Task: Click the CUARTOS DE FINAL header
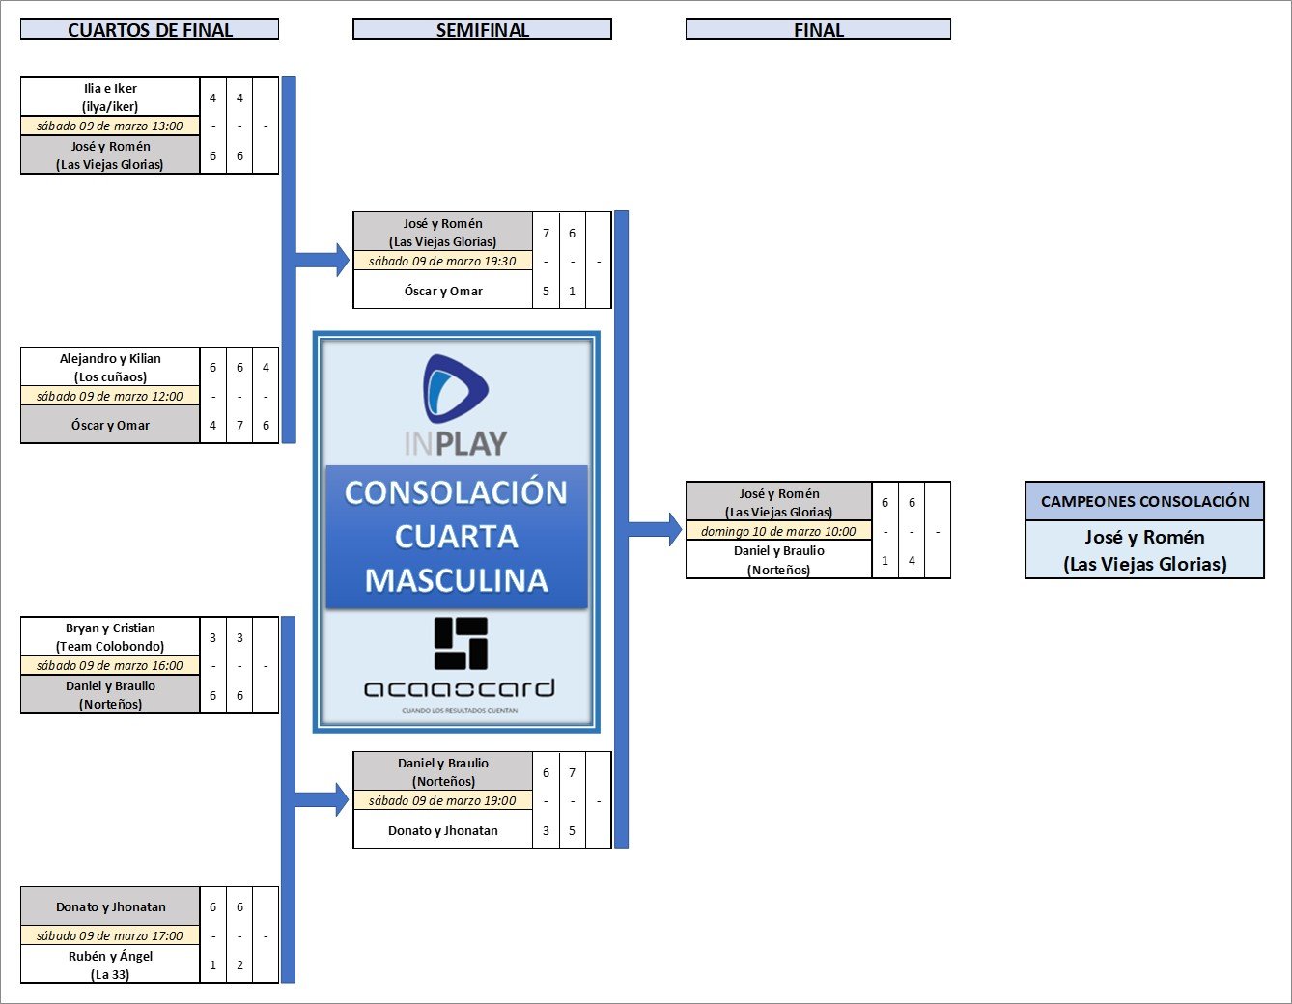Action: click(x=150, y=30)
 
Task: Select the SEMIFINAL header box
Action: click(x=482, y=30)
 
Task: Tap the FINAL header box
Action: click(x=818, y=30)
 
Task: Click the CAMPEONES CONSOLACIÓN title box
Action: click(x=1144, y=501)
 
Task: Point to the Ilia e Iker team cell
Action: click(x=110, y=98)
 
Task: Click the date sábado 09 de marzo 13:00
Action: click(x=110, y=126)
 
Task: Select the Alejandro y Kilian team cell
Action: click(x=110, y=367)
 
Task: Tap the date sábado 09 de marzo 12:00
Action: click(x=110, y=396)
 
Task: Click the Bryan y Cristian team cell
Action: click(x=110, y=637)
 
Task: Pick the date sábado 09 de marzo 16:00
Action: click(x=110, y=666)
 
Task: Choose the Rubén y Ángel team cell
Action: click(x=110, y=964)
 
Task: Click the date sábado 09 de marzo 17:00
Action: click(x=110, y=935)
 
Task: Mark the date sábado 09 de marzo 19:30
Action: click(x=442, y=261)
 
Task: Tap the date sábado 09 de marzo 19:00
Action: click(x=442, y=800)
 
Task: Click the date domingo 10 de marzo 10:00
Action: click(x=778, y=531)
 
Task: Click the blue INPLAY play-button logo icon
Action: click(x=456, y=389)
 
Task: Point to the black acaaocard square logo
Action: click(x=461, y=644)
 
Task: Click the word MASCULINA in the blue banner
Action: click(x=457, y=580)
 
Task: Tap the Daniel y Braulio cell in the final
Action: click(x=778, y=560)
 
